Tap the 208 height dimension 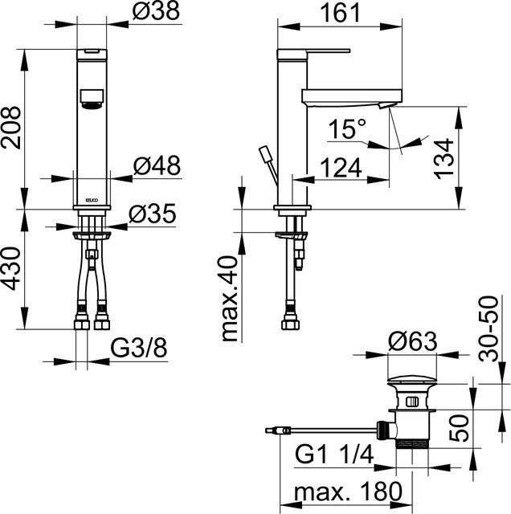pos(10,128)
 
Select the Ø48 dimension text pos(157,165)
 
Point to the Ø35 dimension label pos(153,214)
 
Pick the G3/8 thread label pos(139,348)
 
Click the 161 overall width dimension pos(340,13)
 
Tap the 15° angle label pos(347,128)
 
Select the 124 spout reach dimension pos(341,168)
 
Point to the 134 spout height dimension pos(445,159)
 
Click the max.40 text pos(230,299)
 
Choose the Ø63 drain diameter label pos(413,341)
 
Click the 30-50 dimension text pos(489,328)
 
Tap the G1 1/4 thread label pos(334,455)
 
